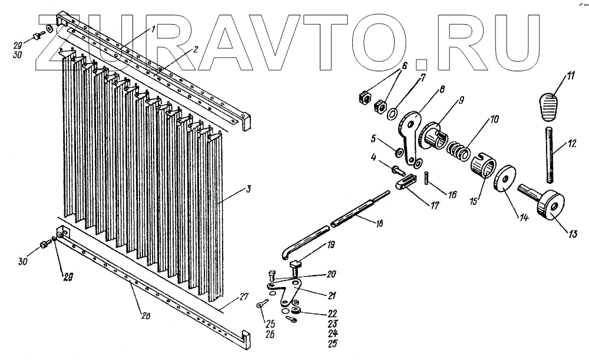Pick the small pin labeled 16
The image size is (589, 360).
tap(425, 179)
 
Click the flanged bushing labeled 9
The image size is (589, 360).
tap(436, 140)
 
